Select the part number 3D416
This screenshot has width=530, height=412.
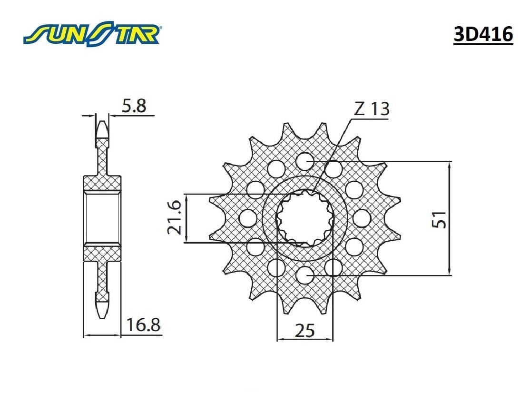483,35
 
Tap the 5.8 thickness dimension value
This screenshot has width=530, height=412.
134,106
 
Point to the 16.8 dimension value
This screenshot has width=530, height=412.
143,326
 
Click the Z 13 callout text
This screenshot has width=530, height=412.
371,109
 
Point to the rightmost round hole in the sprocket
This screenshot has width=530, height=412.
362,218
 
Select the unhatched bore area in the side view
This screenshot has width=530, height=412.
102,218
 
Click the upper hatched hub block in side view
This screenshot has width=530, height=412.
102,183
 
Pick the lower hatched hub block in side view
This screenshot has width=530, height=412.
102,253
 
